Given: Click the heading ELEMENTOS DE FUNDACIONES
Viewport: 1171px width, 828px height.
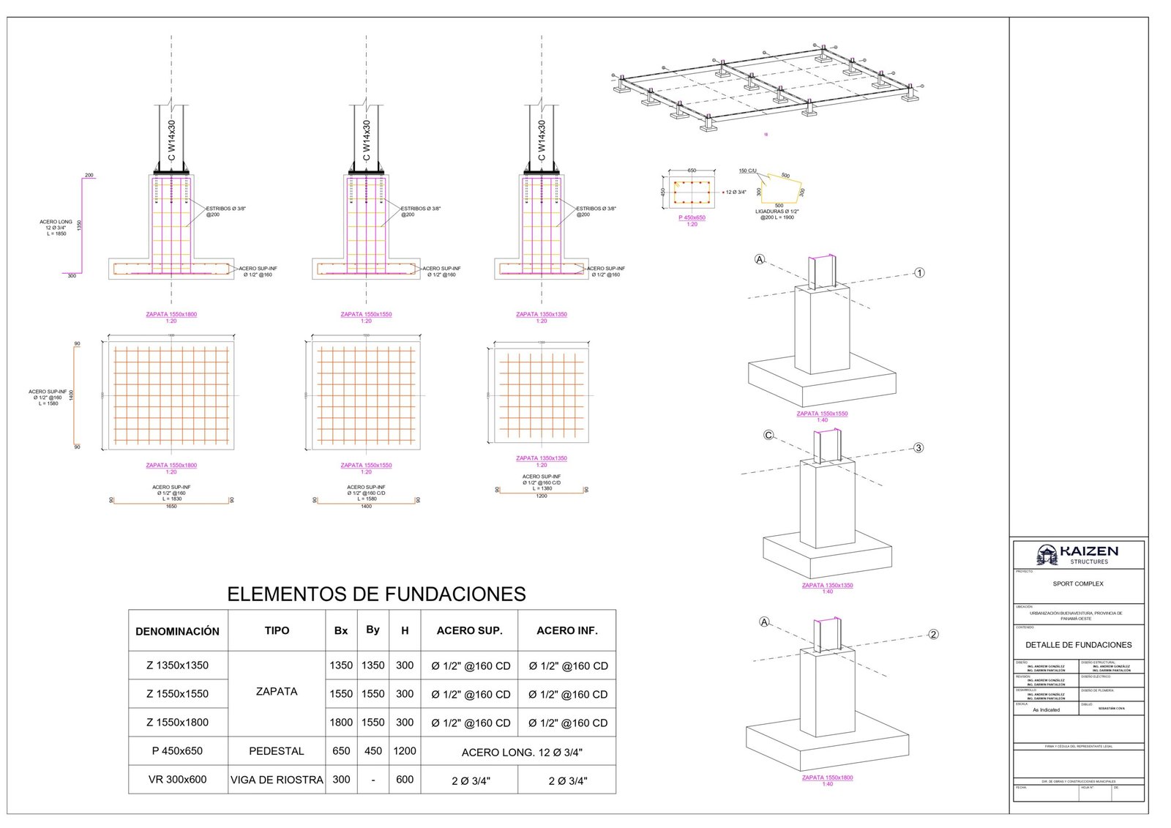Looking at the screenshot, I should [376, 594].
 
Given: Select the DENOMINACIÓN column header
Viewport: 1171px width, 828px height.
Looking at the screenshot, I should [177, 631].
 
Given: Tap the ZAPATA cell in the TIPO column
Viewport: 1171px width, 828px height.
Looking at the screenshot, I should [277, 692].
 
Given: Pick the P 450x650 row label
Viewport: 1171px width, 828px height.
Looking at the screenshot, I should [177, 751].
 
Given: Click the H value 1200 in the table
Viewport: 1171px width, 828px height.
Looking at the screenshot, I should [405, 751].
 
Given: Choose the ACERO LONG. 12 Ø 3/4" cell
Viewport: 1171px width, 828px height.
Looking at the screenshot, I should [522, 753].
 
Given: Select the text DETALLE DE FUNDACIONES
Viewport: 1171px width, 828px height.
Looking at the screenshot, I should [1078, 645].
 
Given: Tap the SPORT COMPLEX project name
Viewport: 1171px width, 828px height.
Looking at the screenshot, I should [1078, 584].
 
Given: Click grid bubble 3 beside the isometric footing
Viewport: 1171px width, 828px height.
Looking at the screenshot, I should [919, 448].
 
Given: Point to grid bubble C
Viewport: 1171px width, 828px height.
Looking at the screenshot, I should [768, 435].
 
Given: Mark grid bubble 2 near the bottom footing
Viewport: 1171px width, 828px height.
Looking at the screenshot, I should [933, 635].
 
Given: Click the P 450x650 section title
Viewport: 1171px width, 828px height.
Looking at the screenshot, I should [692, 217].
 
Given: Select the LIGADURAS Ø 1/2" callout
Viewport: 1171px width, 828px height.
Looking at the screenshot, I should [777, 212].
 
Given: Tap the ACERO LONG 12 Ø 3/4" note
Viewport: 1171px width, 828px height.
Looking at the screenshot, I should [56, 228].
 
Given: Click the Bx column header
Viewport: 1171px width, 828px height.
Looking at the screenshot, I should [341, 631].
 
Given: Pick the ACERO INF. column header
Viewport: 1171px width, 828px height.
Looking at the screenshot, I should [566, 631].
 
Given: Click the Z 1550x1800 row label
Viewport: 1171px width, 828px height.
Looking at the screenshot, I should [177, 723].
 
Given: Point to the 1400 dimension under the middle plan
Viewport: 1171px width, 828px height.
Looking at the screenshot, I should [366, 507].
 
